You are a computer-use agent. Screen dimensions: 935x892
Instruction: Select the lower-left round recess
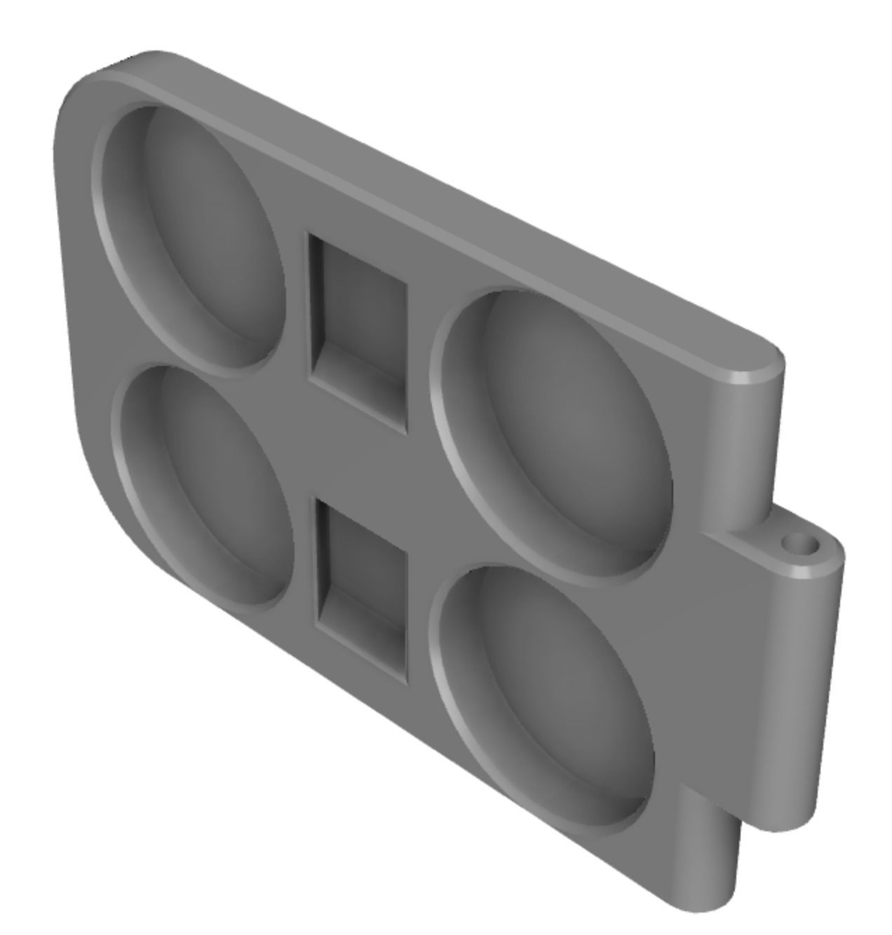point(207,484)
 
